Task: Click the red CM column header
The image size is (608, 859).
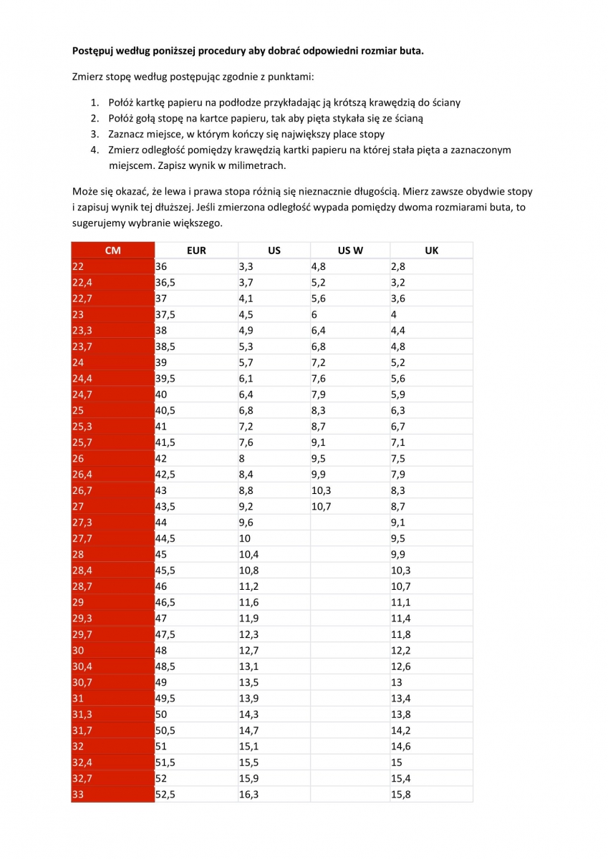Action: pyautogui.click(x=112, y=251)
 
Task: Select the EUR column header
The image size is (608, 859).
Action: pyautogui.click(x=196, y=251)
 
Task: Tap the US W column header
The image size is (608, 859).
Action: pyautogui.click(x=349, y=251)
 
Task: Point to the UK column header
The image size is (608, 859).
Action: pyautogui.click(x=431, y=251)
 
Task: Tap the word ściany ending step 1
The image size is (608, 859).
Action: pyautogui.click(x=444, y=102)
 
